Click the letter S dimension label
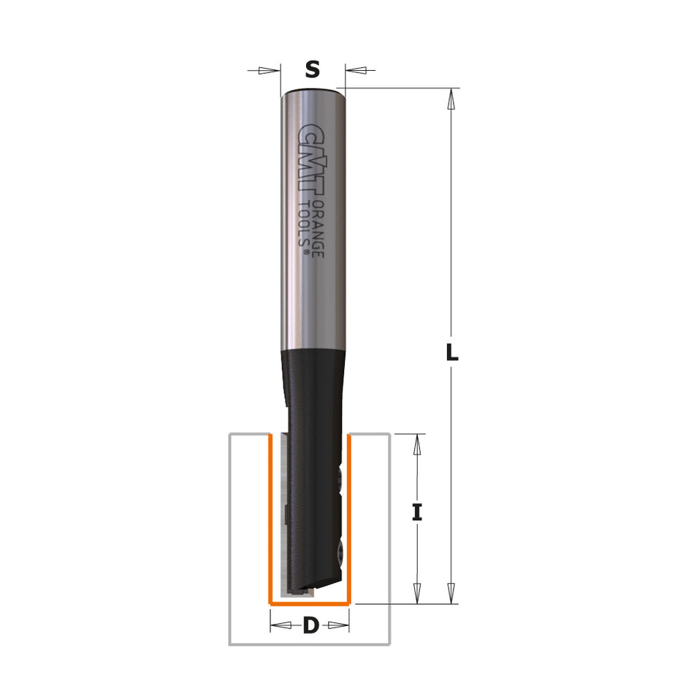pyautogui.click(x=312, y=70)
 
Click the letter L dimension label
pyautogui.click(x=452, y=354)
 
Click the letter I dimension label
pyautogui.click(x=417, y=513)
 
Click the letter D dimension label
pyautogui.click(x=311, y=626)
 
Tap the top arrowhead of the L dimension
pyautogui.click(x=452, y=98)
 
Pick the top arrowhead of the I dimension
pyautogui.click(x=417, y=443)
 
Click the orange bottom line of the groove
pyautogui.click(x=310, y=604)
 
